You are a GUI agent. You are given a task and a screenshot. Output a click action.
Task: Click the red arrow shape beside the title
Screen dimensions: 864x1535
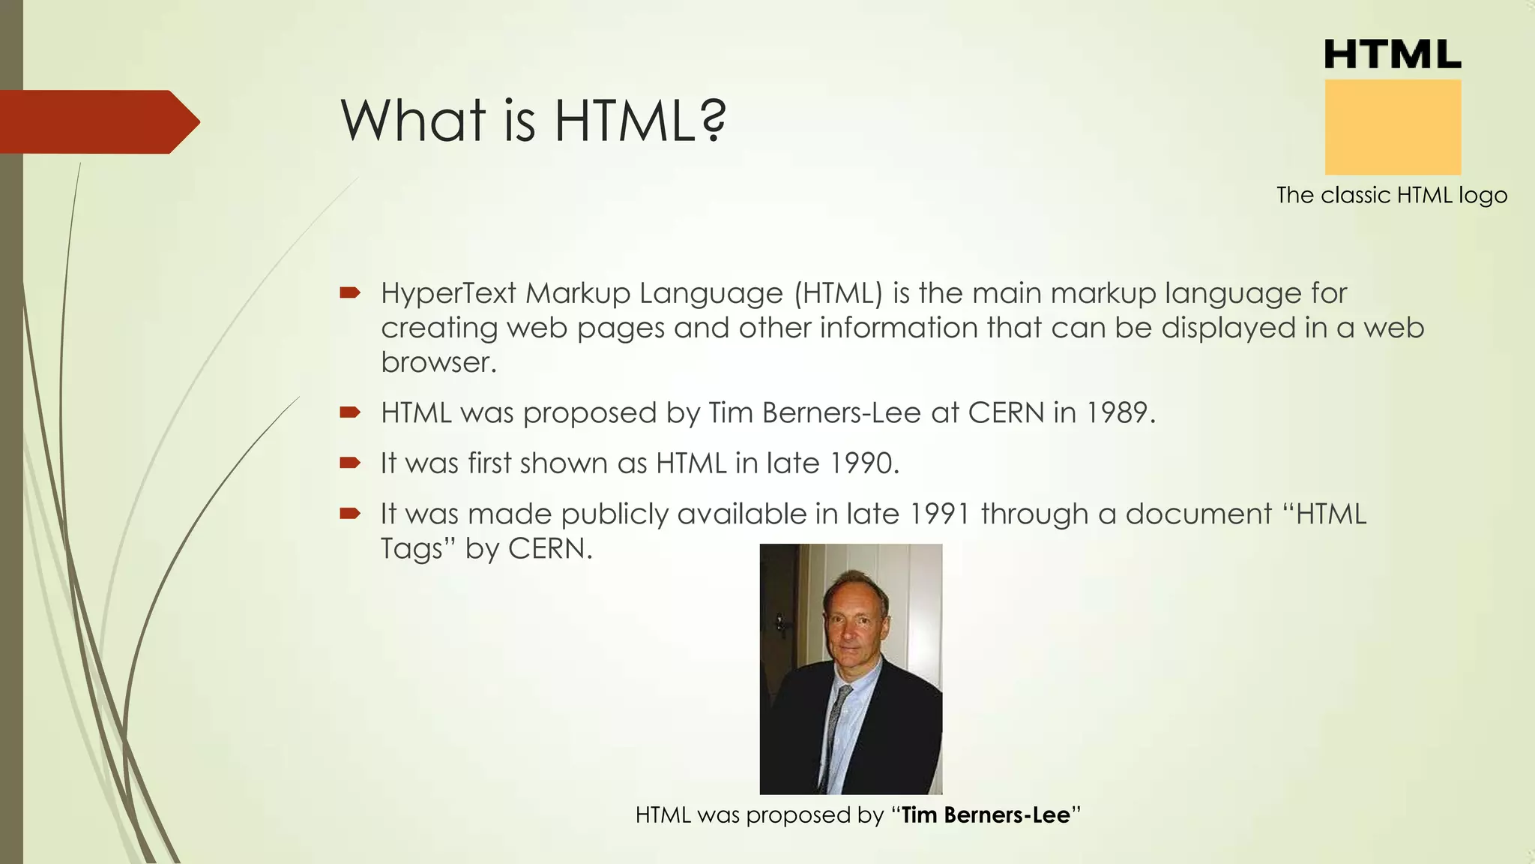(97, 121)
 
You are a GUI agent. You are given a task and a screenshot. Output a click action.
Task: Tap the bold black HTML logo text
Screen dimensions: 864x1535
(1393, 55)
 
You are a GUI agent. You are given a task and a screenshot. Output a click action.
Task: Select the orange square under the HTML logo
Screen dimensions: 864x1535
(1393, 127)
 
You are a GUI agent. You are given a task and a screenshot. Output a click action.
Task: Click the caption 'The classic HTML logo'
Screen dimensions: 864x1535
(1392, 195)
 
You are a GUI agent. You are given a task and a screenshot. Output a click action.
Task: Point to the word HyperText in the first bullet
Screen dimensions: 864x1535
(448, 293)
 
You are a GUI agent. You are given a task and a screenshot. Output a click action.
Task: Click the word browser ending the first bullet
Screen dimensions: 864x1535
(438, 362)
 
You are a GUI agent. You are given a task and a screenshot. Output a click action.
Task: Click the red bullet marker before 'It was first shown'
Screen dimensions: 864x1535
(349, 463)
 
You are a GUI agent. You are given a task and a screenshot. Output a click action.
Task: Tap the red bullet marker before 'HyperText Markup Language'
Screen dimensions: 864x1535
(349, 292)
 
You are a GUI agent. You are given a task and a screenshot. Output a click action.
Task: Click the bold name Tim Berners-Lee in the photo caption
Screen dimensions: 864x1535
(985, 814)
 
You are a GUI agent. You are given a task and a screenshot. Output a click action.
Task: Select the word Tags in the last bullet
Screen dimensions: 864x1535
(411, 549)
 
